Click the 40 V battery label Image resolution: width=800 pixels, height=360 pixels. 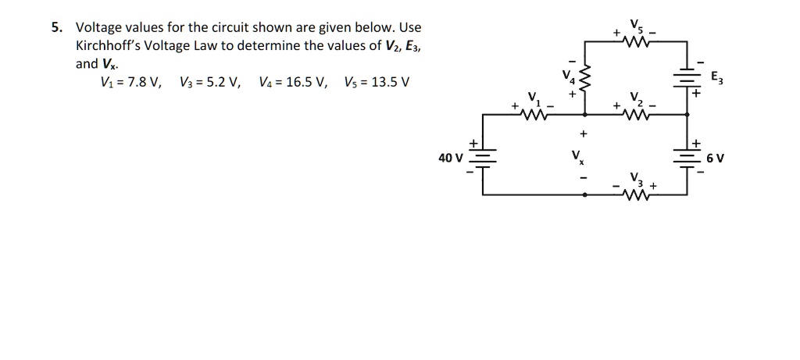[450, 158]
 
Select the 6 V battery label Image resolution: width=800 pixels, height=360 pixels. [715, 158]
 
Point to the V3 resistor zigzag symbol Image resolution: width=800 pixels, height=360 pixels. [640, 195]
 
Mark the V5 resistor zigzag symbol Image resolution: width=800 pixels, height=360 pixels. [640, 43]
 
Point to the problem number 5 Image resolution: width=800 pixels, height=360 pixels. [55, 27]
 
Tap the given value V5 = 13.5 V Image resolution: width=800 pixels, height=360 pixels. [376, 83]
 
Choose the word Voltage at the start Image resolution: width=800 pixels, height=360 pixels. [98, 27]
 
